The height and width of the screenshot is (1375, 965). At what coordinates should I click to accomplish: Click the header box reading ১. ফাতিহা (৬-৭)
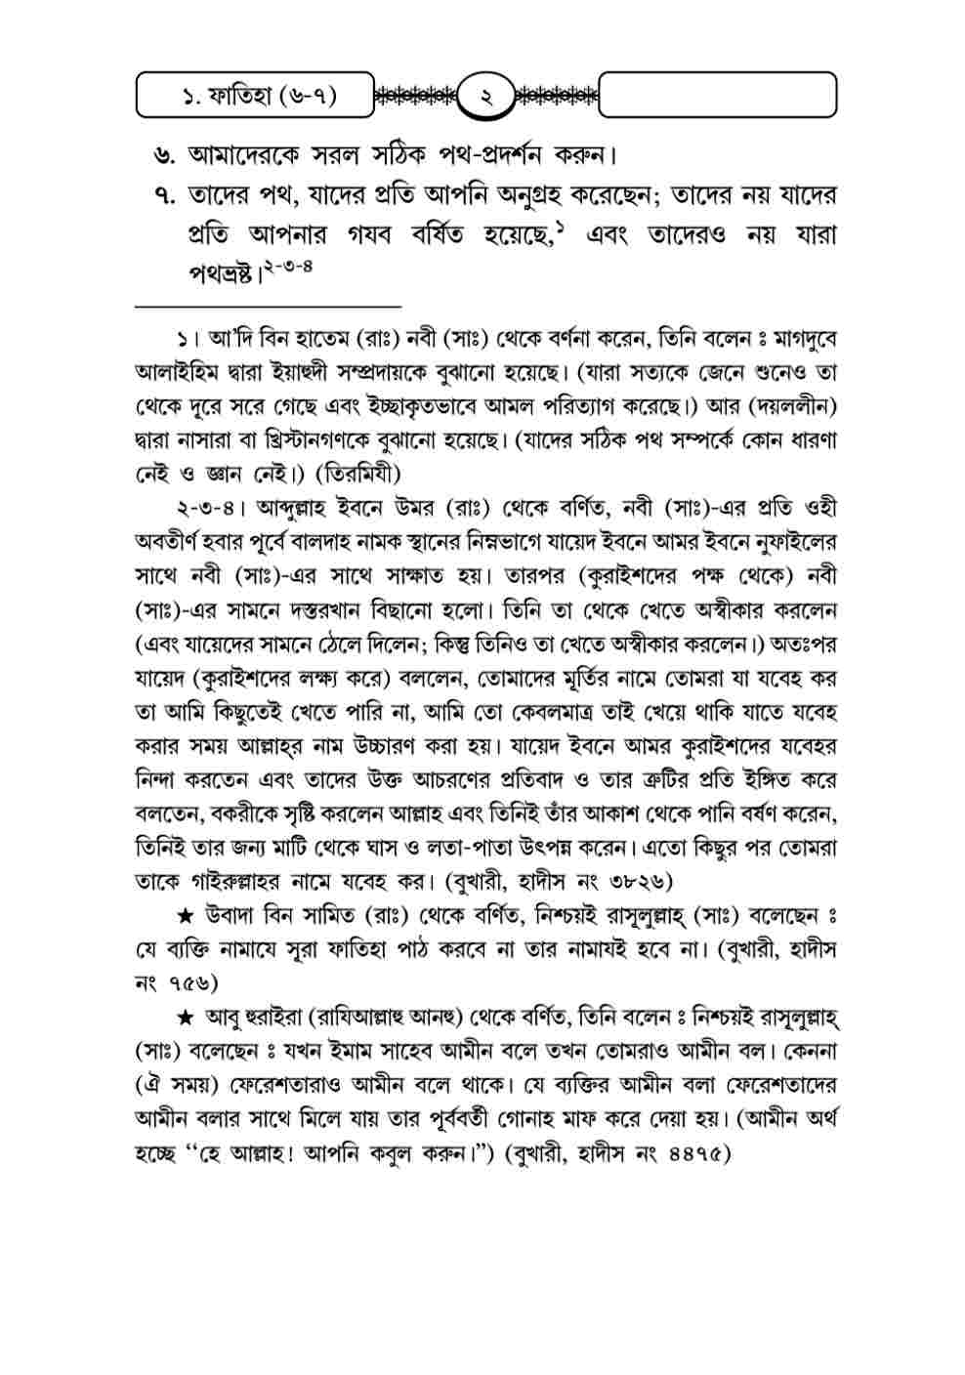pyautogui.click(x=256, y=97)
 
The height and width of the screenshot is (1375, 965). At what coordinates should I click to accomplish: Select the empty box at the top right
pyautogui.click(x=718, y=96)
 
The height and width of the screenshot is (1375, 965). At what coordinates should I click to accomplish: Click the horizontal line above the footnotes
pyautogui.click(x=268, y=307)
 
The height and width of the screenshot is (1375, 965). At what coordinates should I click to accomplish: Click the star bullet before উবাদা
pyautogui.click(x=185, y=914)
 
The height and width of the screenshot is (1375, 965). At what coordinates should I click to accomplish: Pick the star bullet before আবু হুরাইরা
pyautogui.click(x=185, y=1017)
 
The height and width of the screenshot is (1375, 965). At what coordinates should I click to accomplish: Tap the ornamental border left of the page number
pyautogui.click(x=416, y=97)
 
